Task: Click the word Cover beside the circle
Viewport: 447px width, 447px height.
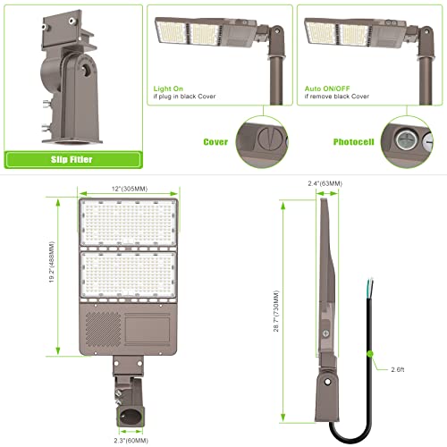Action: (215, 141)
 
